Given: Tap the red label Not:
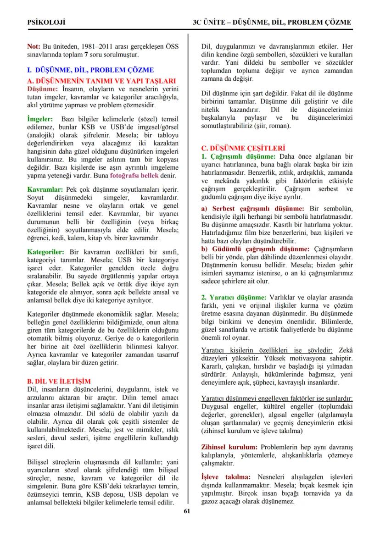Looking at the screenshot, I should pos(34,47).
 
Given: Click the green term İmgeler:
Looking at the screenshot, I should pos(40,119).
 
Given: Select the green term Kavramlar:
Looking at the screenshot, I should pos(45,189).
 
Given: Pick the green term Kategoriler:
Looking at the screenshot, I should pos(46,252).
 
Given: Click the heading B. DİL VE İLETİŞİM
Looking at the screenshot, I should pos(59,382).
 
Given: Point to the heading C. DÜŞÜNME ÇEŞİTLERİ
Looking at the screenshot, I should pos(243,148).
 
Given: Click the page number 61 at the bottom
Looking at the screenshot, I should pos(187,511).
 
